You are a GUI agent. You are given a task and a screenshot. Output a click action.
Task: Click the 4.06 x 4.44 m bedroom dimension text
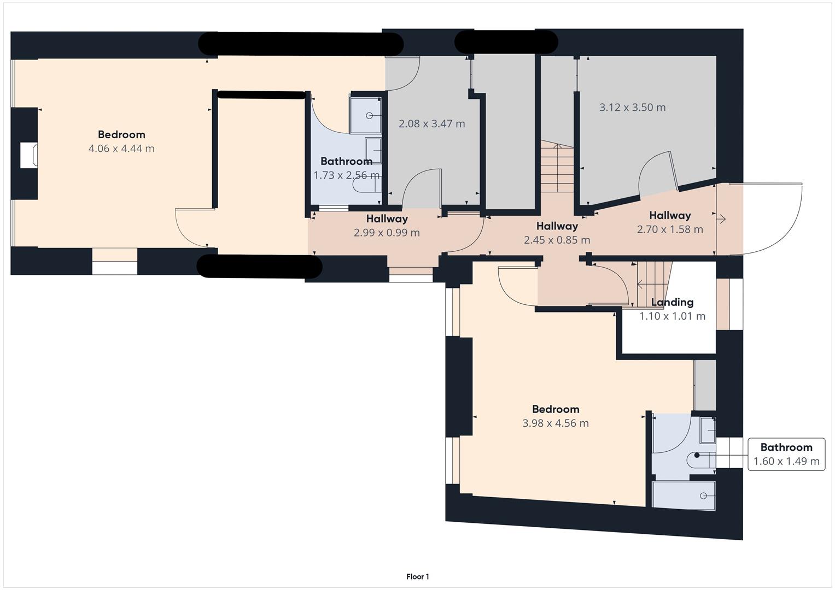tap(121, 149)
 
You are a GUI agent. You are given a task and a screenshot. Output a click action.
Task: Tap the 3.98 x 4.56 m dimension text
tap(556, 423)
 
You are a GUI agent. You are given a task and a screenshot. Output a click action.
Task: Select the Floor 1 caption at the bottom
tap(418, 577)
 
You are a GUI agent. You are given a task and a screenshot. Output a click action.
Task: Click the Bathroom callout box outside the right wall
tap(786, 454)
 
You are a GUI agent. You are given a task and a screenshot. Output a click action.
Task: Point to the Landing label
tap(672, 302)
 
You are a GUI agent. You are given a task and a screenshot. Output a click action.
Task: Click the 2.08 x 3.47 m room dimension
tap(431, 124)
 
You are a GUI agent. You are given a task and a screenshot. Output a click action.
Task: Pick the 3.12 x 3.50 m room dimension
tap(632, 108)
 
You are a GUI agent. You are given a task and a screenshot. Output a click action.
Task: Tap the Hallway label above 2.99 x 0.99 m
tap(387, 219)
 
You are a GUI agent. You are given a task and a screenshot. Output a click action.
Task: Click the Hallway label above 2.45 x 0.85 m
tap(557, 226)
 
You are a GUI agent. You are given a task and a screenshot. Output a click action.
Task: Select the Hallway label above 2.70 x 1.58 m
tap(670, 216)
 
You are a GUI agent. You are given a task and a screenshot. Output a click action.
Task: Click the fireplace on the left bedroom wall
tap(29, 155)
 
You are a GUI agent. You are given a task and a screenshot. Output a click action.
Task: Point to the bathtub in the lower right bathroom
tap(684, 495)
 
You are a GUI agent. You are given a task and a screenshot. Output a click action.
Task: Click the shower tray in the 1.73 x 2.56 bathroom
tap(365, 114)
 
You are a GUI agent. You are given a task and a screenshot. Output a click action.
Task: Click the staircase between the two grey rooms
tap(557, 166)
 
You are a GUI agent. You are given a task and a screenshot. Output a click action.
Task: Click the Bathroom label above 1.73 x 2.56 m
tap(346, 162)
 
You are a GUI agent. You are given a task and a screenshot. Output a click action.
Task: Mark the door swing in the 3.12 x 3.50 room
tap(656, 172)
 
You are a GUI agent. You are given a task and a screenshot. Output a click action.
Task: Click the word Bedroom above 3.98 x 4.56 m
tap(556, 410)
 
